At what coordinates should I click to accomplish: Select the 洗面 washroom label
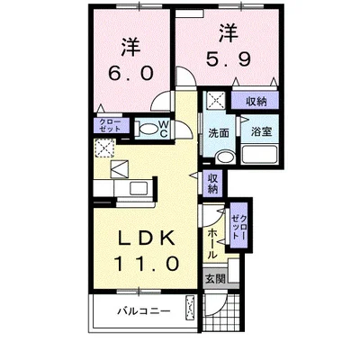(x=218, y=132)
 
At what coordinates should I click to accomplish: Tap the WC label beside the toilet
(x=164, y=127)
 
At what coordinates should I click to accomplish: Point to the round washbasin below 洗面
(x=221, y=156)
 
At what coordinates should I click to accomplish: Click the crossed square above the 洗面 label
(x=217, y=101)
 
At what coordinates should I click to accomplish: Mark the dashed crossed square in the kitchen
(x=106, y=150)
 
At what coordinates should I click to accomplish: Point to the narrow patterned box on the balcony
(x=191, y=312)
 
